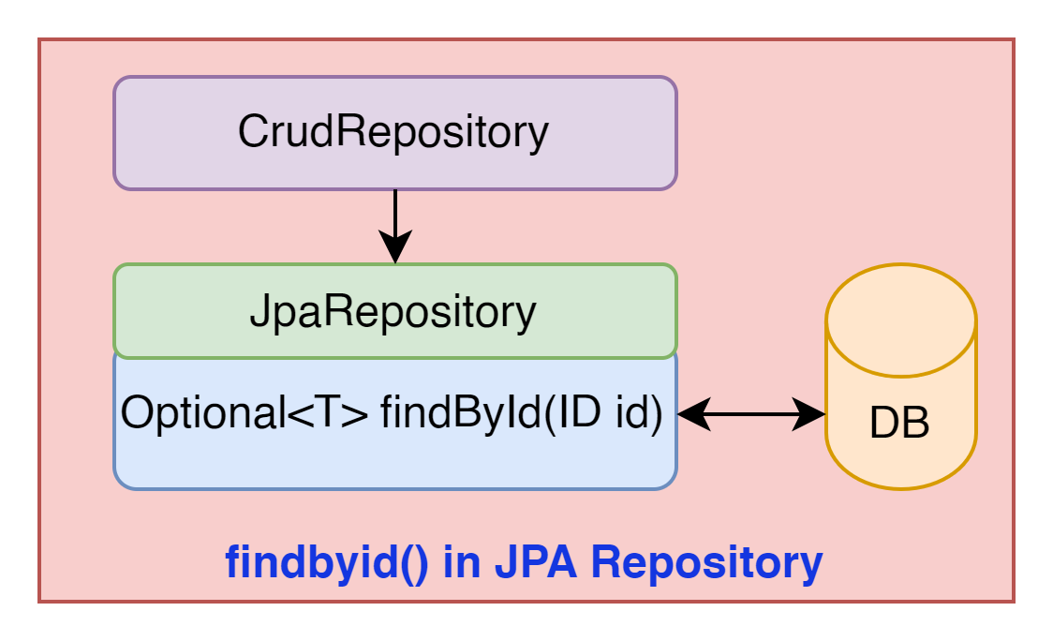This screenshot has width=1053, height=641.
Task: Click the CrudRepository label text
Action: point(393,132)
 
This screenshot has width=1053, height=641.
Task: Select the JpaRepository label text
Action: point(393,312)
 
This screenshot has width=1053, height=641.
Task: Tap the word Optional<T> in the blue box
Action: point(245,412)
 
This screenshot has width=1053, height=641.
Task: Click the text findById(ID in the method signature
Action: point(491,413)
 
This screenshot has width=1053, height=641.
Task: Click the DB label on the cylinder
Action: point(900,423)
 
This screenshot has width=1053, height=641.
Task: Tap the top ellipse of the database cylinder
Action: point(901,320)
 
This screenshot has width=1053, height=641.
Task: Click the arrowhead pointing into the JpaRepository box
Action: point(395,246)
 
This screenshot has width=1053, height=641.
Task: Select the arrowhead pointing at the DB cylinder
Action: point(809,414)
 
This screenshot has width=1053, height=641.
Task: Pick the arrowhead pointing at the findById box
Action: point(694,414)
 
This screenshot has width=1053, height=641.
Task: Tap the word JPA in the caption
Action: point(536,561)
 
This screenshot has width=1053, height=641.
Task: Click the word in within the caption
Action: point(462,561)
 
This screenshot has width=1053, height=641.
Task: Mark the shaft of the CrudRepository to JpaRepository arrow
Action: point(395,212)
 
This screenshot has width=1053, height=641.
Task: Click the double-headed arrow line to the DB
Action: point(751,414)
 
